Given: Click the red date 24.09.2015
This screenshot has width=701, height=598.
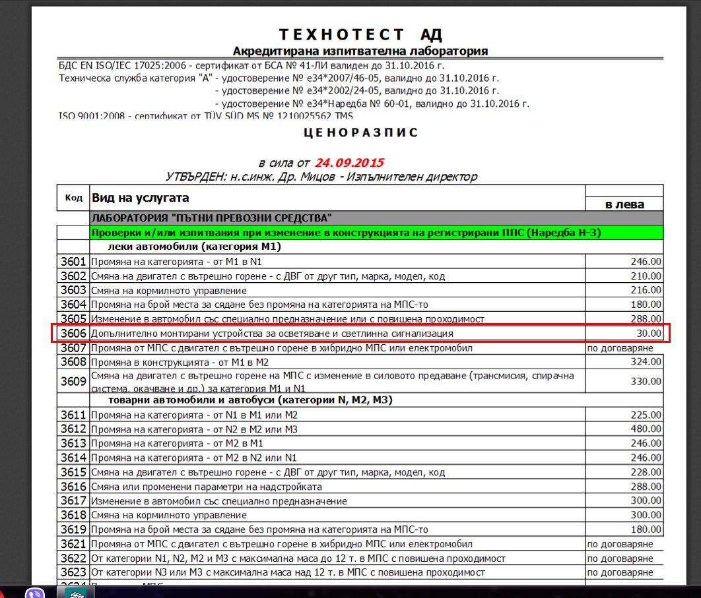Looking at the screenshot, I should tap(349, 163).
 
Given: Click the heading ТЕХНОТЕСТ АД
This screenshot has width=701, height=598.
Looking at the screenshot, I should tap(360, 34).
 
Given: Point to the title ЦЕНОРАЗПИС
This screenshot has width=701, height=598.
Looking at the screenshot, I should tap(360, 133).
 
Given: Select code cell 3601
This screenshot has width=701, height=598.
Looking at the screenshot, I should tap(73, 262).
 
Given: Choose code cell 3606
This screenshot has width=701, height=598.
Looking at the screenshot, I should tap(73, 334).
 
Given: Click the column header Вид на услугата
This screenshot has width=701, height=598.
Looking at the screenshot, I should tap(140, 198).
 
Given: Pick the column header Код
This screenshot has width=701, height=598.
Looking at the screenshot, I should tap(73, 198).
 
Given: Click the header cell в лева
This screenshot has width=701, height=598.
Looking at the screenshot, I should tap(624, 204).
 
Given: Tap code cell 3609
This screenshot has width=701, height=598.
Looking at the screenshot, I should tap(73, 381).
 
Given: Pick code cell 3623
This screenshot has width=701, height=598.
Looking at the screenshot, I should tap(73, 572).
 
